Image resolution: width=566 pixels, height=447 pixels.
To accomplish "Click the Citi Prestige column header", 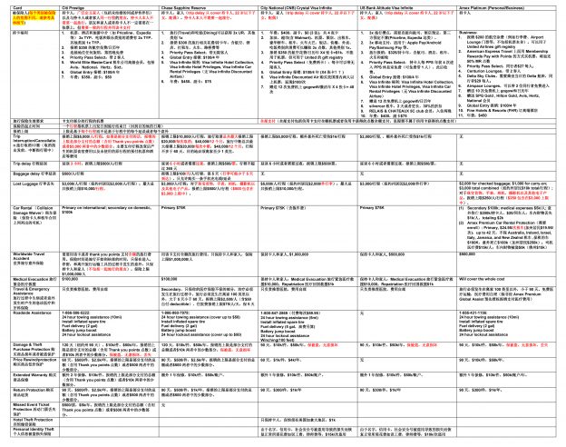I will click(76, 5).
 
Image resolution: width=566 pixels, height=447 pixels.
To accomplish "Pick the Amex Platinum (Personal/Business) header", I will click(498, 5).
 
